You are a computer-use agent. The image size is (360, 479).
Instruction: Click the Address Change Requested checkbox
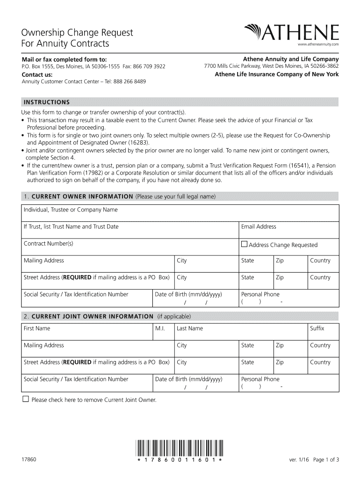pos(244,244)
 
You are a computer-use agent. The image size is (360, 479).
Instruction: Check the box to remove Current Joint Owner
pos(26,399)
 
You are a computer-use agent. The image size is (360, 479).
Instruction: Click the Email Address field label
pos(259,227)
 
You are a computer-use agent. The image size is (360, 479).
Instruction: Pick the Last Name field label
pos(190,328)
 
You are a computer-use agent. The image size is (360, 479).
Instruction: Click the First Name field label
pos(37,328)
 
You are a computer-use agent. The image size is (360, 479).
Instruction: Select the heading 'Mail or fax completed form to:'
pos(65,59)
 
